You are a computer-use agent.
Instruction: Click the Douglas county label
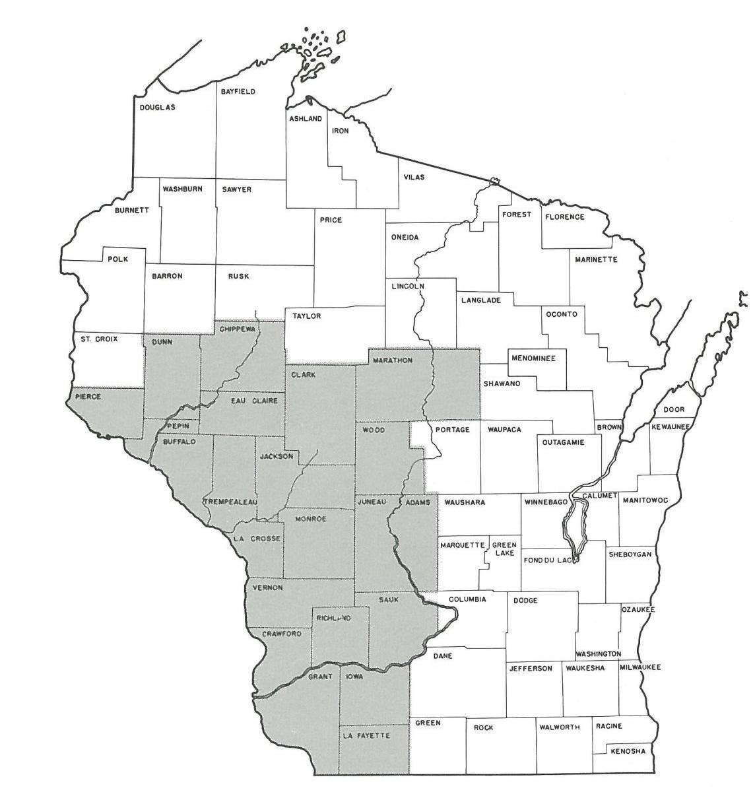coord(157,108)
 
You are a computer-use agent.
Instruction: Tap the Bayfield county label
coord(238,92)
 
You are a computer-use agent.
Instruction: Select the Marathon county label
coord(393,360)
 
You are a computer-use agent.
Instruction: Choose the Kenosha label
coord(628,751)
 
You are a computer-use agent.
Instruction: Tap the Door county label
coord(674,409)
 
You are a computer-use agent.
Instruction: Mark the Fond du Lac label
coord(548,561)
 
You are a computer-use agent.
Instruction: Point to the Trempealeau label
coord(230,502)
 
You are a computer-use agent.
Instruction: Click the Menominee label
coord(533,358)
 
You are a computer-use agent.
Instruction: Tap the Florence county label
coord(564,217)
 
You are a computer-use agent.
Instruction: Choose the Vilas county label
coord(415,177)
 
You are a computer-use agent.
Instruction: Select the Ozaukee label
coord(638,610)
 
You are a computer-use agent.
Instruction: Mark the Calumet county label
coord(599,496)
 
